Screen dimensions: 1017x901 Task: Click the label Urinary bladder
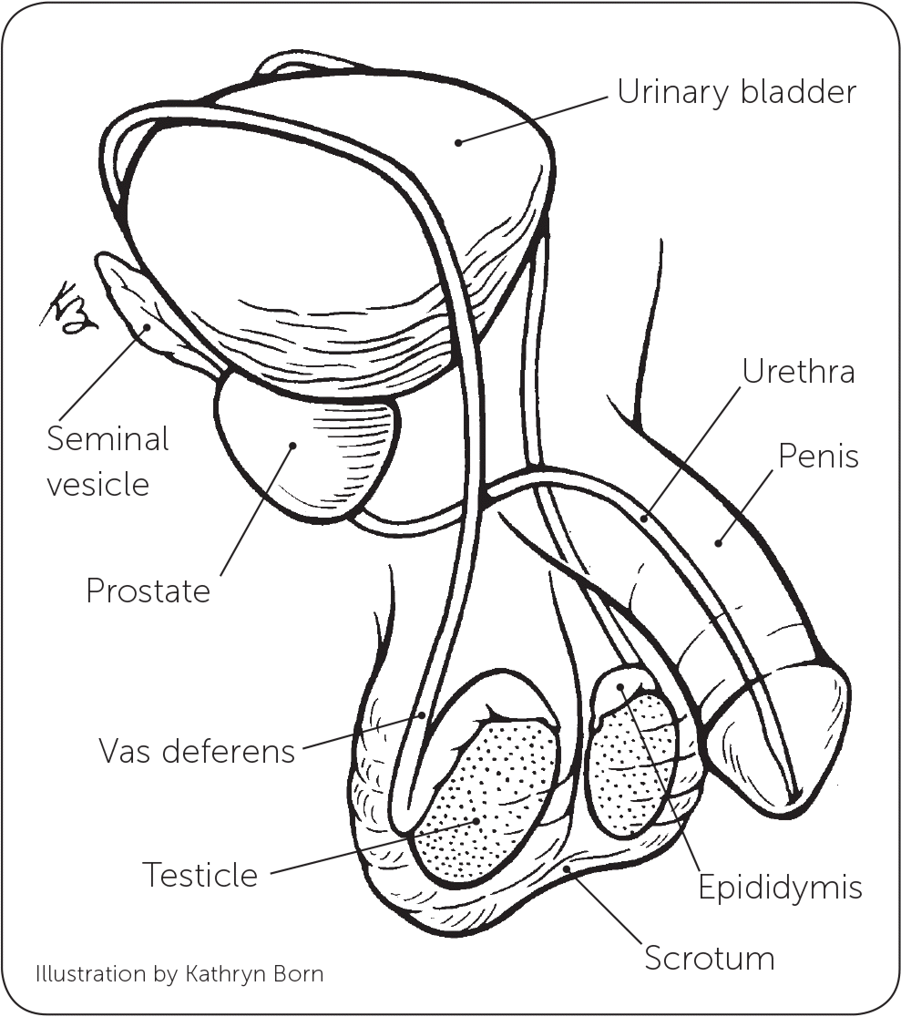736,93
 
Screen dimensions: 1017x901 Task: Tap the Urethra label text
798,372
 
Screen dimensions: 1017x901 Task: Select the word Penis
818,456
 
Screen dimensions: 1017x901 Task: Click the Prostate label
148,591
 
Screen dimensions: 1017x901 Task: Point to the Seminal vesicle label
108,461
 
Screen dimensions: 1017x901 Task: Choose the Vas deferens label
197,752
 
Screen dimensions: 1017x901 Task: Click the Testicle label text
200,876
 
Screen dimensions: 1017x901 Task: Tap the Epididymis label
780,887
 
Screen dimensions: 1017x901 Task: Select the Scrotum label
709,958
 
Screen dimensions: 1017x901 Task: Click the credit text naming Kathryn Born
179,974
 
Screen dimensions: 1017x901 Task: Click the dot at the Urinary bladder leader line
459,141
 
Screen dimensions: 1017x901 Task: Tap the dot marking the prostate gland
293,446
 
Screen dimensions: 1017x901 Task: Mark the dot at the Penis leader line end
718,544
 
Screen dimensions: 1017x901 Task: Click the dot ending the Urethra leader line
643,519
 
